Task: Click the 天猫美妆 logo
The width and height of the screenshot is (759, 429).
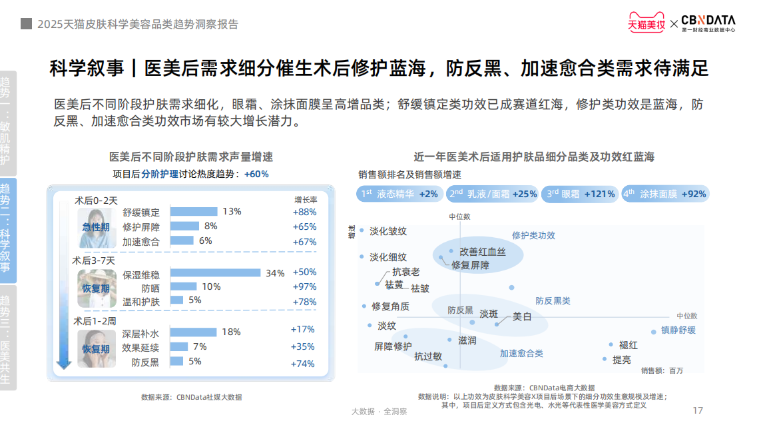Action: (646, 24)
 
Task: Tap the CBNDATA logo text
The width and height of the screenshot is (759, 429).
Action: (708, 21)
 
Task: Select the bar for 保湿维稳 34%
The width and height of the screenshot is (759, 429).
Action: (215, 272)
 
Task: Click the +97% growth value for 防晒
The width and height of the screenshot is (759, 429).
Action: (304, 286)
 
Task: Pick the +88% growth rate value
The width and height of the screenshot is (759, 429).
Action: (304, 212)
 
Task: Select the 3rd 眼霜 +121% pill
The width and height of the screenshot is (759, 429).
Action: (580, 194)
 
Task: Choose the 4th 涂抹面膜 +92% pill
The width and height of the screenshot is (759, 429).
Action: (664, 194)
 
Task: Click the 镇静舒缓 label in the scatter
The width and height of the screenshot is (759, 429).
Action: (678, 330)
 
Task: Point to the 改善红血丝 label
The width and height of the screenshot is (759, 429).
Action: (483, 252)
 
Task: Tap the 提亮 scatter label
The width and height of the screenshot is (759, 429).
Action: (622, 360)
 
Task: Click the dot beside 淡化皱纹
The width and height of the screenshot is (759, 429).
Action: (362, 231)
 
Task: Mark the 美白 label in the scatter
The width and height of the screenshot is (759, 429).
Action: (522, 316)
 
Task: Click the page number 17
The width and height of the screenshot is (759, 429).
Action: (698, 410)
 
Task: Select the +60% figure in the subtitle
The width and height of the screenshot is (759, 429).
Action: (256, 174)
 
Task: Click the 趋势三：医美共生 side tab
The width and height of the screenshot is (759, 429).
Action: (7, 338)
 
